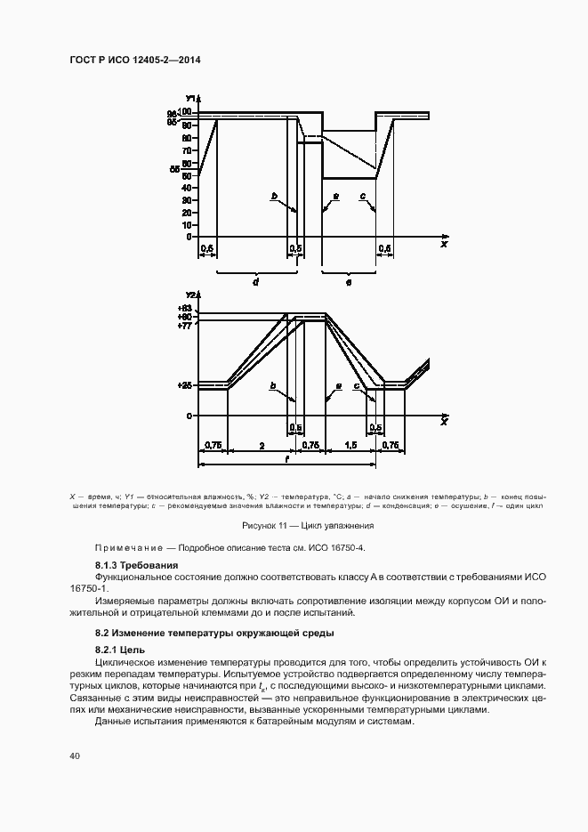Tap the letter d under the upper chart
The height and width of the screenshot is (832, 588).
[x=255, y=281]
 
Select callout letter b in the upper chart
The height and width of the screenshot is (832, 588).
[x=276, y=195]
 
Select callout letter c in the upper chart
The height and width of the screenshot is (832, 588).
[x=362, y=195]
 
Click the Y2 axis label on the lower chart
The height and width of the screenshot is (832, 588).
[x=190, y=295]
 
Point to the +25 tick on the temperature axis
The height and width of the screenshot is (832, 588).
[x=184, y=385]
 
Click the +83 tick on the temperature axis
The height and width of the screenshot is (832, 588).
[x=184, y=307]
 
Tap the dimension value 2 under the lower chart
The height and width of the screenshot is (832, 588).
[x=260, y=444]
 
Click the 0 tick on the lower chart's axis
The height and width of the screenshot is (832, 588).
[x=189, y=416]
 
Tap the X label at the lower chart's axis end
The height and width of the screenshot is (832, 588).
[x=442, y=421]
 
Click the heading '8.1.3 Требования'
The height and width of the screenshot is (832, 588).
[x=137, y=566]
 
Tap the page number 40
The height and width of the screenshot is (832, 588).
[x=75, y=755]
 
